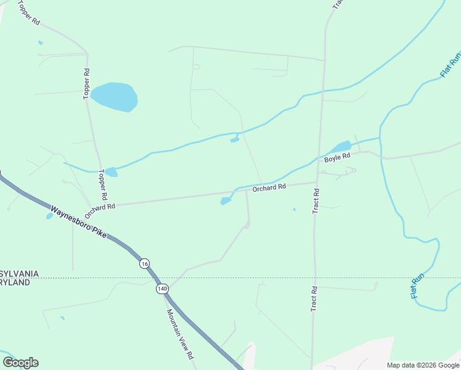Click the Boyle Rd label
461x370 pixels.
[x=337, y=158]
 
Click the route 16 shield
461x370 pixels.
[x=144, y=263]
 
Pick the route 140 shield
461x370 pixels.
[x=162, y=289]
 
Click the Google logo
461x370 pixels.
[x=20, y=363]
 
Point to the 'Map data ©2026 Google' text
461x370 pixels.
[x=423, y=365]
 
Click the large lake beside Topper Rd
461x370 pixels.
[x=114, y=97]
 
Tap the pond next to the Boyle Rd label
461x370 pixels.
[x=341, y=147]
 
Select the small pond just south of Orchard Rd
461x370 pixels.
[x=226, y=201]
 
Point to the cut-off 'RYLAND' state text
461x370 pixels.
[x=15, y=282]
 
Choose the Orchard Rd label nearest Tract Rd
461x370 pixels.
[x=269, y=187]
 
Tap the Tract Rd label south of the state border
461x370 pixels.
[x=314, y=298]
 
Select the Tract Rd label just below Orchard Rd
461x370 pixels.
[x=316, y=201]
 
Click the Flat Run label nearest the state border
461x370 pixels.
[x=418, y=287]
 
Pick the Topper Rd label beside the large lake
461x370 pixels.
[x=87, y=84]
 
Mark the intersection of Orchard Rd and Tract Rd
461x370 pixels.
[x=317, y=183]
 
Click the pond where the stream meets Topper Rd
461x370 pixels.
[x=110, y=171]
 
